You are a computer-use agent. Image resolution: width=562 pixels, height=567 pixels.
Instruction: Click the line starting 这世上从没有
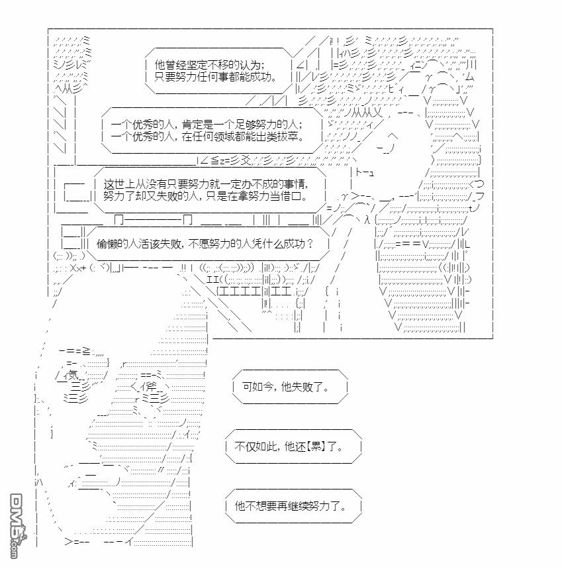tap(211, 185)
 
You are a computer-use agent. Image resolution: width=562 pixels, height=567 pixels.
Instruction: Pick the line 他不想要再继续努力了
tap(290, 506)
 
